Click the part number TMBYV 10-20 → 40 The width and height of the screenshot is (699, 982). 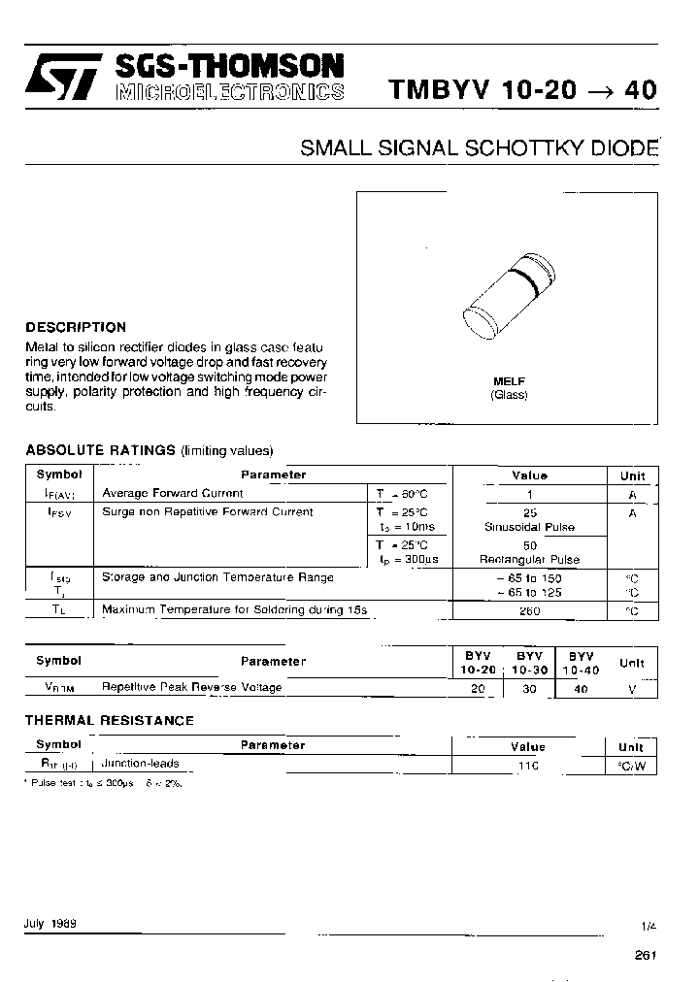click(522, 90)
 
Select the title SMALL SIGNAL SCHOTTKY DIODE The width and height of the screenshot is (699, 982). click(480, 148)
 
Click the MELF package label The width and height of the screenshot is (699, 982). click(509, 381)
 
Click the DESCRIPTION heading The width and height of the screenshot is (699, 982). click(76, 327)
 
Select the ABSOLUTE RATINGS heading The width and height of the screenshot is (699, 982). click(99, 450)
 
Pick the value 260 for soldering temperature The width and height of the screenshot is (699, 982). click(529, 611)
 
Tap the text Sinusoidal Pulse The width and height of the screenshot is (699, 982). click(529, 527)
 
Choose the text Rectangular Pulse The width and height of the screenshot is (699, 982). click(529, 560)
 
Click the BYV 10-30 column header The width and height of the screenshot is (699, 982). click(529, 663)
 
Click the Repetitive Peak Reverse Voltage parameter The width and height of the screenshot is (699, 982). click(192, 687)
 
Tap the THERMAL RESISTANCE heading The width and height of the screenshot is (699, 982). click(109, 720)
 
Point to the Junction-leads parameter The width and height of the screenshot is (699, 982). click(141, 764)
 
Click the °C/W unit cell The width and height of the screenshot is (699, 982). click(631, 766)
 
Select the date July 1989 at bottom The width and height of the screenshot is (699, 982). click(50, 924)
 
